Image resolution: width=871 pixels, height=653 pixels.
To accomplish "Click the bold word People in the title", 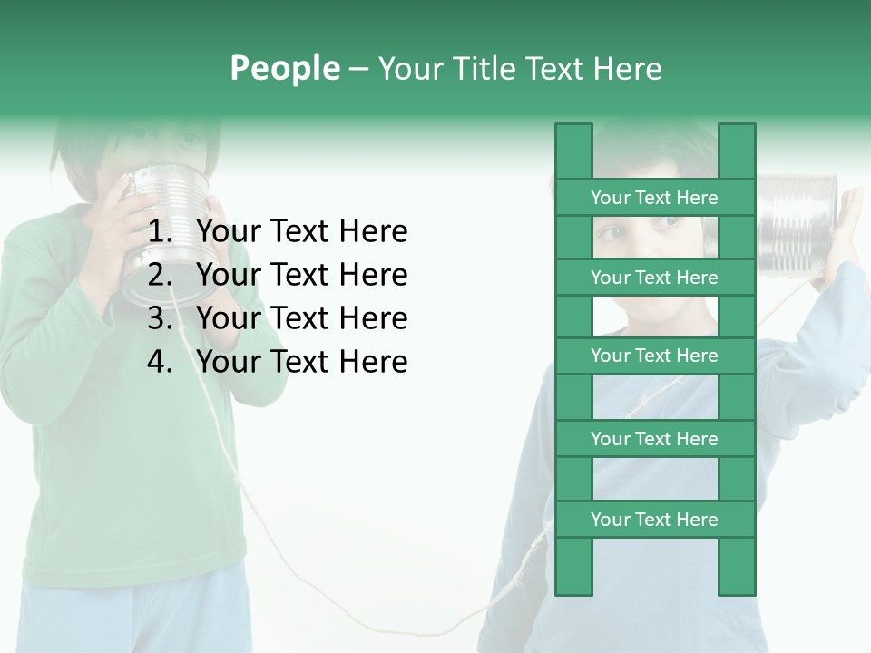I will tap(284, 69).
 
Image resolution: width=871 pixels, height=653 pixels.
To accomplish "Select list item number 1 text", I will tap(301, 232).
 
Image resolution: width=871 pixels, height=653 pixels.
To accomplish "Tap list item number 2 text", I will tap(301, 275).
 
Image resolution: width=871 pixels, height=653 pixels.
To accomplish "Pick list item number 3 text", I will tap(301, 318).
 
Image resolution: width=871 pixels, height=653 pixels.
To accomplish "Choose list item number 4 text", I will tap(301, 362).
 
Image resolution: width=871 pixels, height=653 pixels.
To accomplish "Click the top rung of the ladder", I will tap(654, 198).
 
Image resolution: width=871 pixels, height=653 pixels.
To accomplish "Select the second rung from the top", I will tap(654, 278).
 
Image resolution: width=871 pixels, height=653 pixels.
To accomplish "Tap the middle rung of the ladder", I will tap(654, 356).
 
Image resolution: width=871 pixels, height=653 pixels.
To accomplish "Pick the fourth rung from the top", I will tap(654, 439).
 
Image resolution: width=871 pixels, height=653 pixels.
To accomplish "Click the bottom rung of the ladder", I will tap(654, 520).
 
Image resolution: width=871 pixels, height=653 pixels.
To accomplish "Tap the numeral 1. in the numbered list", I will tap(160, 232).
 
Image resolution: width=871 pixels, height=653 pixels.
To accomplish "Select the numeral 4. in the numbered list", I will tap(160, 362).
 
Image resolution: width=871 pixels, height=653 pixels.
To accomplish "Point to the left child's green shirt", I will tap(127, 453).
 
